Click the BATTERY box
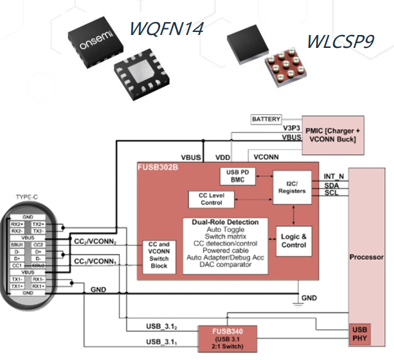pos(266,119)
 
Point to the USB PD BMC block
pos(236,176)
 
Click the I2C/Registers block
pos(292,187)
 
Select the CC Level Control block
pos(212,199)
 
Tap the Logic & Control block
pos(293,240)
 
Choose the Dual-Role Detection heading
pos(225,222)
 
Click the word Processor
pos(366,257)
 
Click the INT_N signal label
pos(333,177)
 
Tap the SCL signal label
pos(330,194)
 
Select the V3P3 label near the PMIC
pos(291,127)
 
